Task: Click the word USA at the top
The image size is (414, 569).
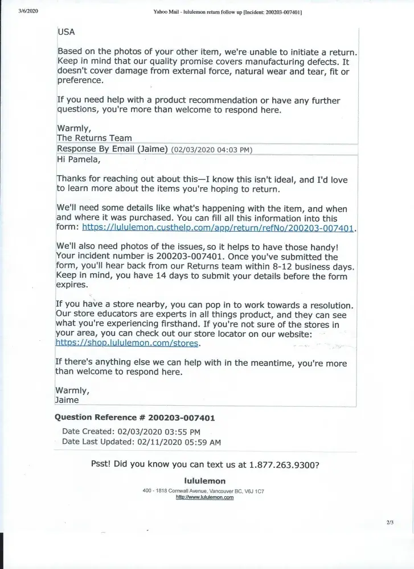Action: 66,32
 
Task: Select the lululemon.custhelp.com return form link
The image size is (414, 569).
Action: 218,228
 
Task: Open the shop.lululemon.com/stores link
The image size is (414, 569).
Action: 128,344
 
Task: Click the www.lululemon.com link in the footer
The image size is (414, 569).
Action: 205,497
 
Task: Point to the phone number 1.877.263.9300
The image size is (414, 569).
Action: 284,464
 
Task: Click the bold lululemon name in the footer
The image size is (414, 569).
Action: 206,481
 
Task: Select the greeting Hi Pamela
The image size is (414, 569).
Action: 78,160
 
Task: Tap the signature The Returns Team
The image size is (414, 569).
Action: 94,138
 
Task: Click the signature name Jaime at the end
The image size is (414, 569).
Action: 67,400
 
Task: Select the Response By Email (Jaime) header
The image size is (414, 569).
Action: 112,149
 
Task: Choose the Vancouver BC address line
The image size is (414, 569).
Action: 203,490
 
